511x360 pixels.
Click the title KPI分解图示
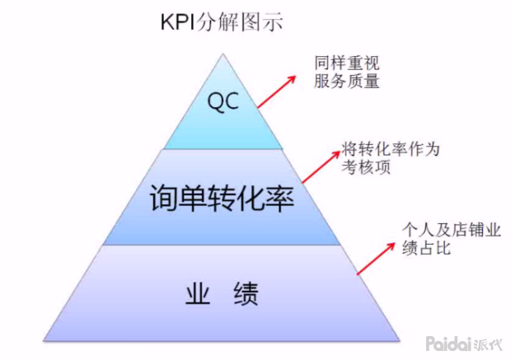(221, 21)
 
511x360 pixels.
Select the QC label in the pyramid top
(223, 101)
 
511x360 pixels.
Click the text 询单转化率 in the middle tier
(223, 199)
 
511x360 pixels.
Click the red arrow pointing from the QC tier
(276, 90)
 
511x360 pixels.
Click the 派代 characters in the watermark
(491, 343)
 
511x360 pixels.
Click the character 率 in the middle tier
(276, 199)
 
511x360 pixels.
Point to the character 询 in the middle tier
(167, 199)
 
